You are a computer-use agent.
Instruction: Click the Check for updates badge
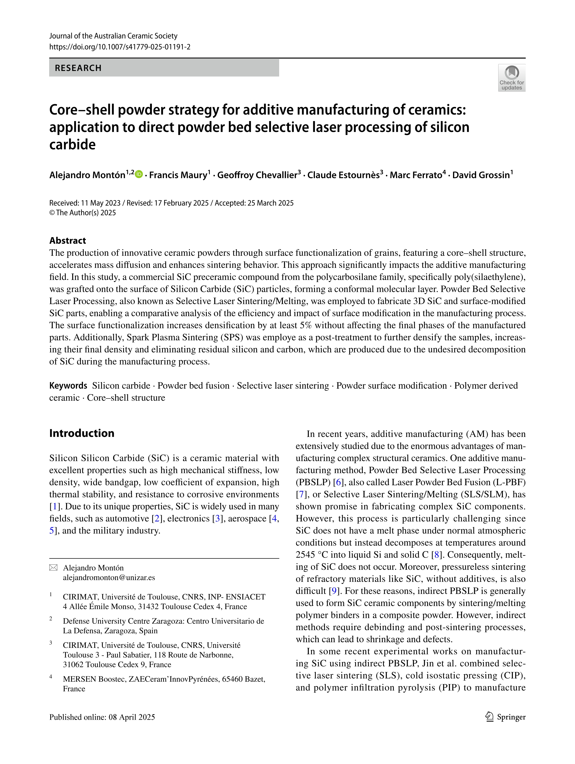pyautogui.click(x=511, y=78)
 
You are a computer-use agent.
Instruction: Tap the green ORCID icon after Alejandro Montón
pyautogui.click(x=139, y=174)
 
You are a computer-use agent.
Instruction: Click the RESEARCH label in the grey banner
pyautogui.click(x=78, y=68)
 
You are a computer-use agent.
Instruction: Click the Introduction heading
pyautogui.click(x=82, y=433)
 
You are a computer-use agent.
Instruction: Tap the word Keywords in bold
pyautogui.click(x=68, y=385)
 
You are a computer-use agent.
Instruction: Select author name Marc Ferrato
pyautogui.click(x=415, y=175)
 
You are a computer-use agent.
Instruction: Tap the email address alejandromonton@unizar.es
pyautogui.click(x=109, y=578)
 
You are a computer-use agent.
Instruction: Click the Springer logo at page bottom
pyautogui.click(x=505, y=717)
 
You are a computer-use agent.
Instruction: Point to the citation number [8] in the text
pyautogui.click(x=437, y=555)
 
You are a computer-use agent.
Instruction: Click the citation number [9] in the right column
pyautogui.click(x=334, y=591)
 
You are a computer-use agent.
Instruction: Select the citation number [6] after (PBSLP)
pyautogui.click(x=339, y=482)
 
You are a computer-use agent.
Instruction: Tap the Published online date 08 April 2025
pyautogui.click(x=131, y=717)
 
